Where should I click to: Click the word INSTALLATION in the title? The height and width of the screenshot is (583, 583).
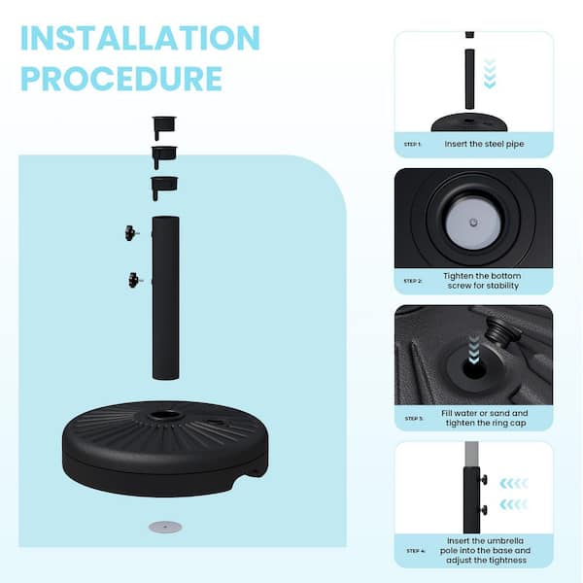(x=140, y=38)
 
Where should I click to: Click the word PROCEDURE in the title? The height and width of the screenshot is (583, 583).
(x=121, y=79)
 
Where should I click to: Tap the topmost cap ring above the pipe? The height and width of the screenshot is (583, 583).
(x=164, y=126)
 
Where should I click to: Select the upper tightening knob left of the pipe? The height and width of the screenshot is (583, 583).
(x=131, y=233)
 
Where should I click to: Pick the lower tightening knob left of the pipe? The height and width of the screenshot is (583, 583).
(x=135, y=280)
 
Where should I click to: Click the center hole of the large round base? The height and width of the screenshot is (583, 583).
(x=164, y=414)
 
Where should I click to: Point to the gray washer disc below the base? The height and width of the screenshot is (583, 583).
(x=165, y=527)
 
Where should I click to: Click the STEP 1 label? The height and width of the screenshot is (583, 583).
(x=412, y=144)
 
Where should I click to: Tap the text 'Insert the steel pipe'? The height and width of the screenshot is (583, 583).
(x=484, y=144)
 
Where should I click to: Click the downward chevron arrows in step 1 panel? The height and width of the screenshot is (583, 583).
(x=490, y=74)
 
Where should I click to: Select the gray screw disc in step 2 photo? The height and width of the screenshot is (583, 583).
(x=473, y=223)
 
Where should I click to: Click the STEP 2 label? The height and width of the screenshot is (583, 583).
(x=413, y=281)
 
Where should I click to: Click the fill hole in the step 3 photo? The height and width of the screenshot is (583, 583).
(x=474, y=369)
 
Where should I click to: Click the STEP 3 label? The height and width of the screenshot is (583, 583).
(x=414, y=419)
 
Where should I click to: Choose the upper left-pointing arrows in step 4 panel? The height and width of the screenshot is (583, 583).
(x=514, y=483)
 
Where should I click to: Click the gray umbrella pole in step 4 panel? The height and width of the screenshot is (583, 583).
(x=471, y=455)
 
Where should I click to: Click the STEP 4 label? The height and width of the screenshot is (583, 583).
(x=416, y=551)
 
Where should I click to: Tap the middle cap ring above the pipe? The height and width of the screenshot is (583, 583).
(x=164, y=156)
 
